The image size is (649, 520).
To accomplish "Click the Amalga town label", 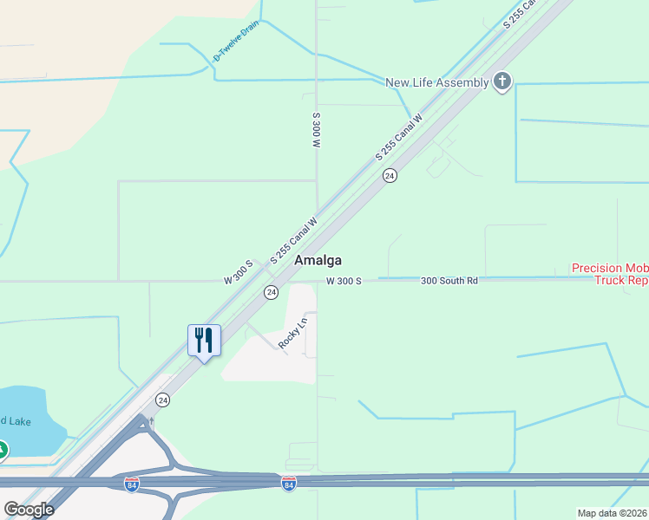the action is (x=318, y=260).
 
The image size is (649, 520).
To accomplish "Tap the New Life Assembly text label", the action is (x=437, y=82).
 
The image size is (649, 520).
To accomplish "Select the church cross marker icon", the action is (x=502, y=82).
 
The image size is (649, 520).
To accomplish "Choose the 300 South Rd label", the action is (x=449, y=281).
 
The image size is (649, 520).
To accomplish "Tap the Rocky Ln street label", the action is (x=292, y=334).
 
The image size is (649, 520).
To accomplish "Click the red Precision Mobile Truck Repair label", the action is (x=610, y=274).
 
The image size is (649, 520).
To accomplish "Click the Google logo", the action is (x=29, y=509).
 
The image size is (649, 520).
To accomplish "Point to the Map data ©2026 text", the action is (x=612, y=513).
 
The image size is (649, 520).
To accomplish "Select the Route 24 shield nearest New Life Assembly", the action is (x=390, y=175).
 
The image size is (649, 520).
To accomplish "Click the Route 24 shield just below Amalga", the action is (x=272, y=292).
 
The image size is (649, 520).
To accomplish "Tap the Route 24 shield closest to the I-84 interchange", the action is (x=162, y=400).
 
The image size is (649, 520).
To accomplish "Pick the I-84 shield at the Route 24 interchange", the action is (x=132, y=484).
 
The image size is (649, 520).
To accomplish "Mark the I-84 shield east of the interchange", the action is (x=289, y=484).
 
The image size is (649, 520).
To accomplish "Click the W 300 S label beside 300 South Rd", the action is (x=344, y=281).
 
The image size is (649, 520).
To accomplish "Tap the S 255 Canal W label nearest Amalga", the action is (x=294, y=240).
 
